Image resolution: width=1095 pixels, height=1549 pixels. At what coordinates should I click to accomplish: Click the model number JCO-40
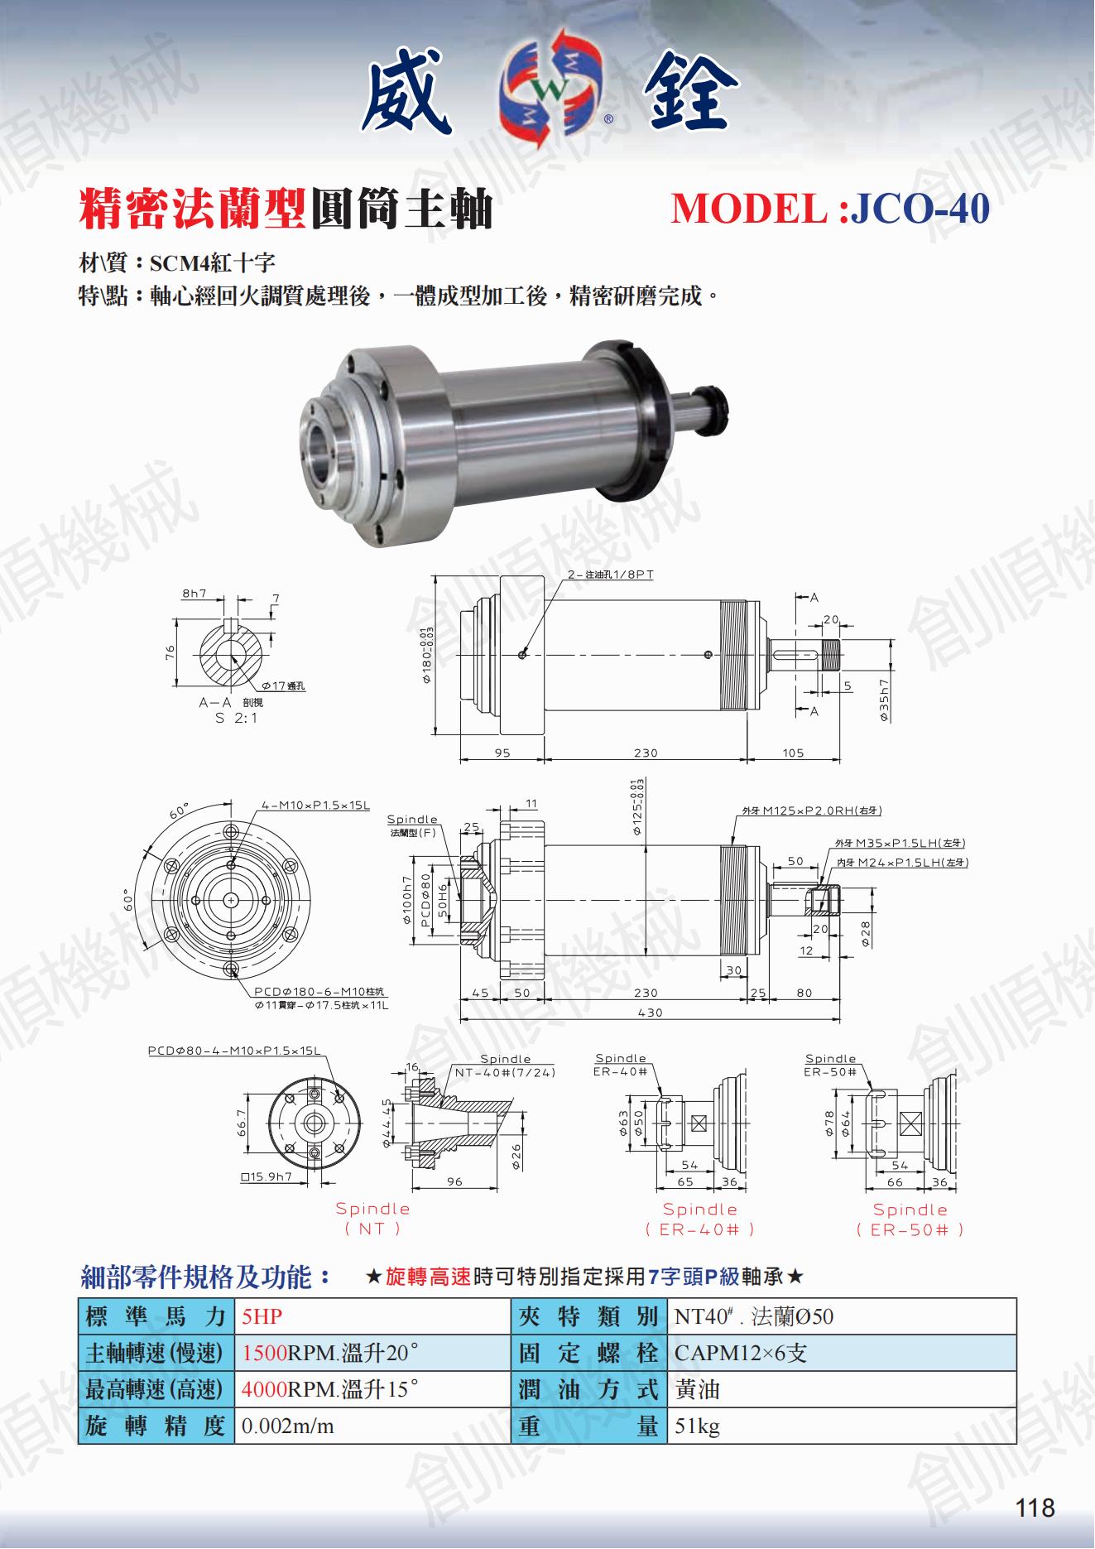point(920,208)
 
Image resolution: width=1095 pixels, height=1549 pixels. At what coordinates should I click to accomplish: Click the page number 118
point(1035,1508)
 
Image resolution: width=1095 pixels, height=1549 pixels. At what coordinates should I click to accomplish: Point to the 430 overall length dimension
point(651,1013)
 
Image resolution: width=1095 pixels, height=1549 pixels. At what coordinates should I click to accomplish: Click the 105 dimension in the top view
point(793,753)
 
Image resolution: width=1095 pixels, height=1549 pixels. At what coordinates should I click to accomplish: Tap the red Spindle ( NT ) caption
point(372,1219)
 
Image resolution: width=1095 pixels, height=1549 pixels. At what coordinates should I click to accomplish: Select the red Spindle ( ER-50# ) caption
point(910,1219)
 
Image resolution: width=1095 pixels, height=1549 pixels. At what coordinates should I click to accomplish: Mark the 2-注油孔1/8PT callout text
point(610,575)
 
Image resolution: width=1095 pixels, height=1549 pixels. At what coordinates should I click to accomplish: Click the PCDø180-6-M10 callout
point(319,992)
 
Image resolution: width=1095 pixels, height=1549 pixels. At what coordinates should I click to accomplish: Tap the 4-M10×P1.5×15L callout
point(315,806)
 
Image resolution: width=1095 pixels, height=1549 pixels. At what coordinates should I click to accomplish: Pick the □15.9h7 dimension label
point(267,1176)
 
